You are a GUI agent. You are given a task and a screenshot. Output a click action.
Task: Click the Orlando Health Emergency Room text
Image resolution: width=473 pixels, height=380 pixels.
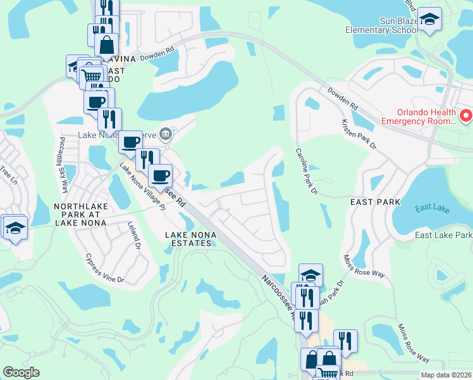click(x=419, y=115)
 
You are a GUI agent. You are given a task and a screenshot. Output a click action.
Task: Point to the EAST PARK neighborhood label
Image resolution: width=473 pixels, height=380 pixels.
click(x=376, y=201)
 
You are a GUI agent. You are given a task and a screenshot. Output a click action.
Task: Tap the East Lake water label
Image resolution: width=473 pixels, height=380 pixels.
click(x=431, y=209)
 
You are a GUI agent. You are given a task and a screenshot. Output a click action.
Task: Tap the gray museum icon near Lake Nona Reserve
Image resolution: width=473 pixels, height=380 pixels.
click(x=166, y=133)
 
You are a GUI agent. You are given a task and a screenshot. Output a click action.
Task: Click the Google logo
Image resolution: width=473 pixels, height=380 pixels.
click(x=21, y=372)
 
